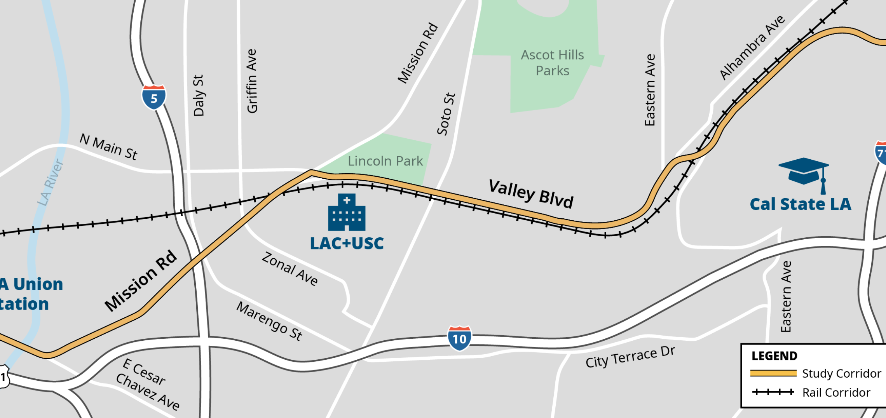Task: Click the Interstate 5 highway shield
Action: pos(154,97)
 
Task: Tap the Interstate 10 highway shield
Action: pos(459,338)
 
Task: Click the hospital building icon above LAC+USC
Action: pos(347,212)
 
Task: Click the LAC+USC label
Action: pos(347,244)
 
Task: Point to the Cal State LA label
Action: pos(800,204)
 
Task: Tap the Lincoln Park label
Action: pos(385,161)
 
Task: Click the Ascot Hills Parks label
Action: pos(552,63)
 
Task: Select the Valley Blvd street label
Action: pos(531,193)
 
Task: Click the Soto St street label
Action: pos(446,114)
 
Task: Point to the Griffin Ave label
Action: pos(252,81)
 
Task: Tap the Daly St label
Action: pos(198,95)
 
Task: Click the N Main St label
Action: pos(108,147)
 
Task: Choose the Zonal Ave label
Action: pos(290,269)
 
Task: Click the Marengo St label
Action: pos(269,321)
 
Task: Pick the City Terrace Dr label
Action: pos(630,357)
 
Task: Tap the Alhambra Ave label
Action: pos(752,47)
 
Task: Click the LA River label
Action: pos(51,183)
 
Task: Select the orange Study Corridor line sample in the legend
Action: pos(773,373)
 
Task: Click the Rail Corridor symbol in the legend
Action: pos(773,392)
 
